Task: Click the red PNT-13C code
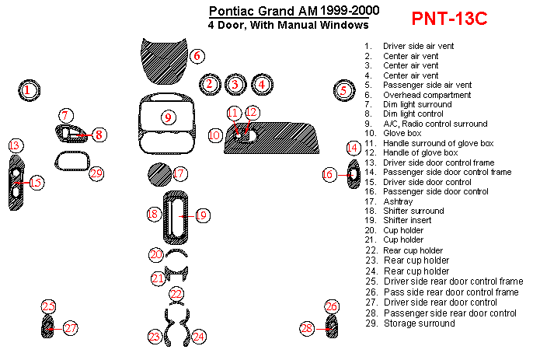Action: (449, 19)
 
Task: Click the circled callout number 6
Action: (197, 56)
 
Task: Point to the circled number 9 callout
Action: (168, 117)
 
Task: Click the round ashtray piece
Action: (159, 174)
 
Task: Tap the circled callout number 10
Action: (214, 135)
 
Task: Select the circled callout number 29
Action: (96, 173)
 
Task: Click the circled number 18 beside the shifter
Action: (154, 214)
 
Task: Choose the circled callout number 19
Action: (202, 215)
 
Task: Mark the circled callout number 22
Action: (176, 294)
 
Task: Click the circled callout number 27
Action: (71, 328)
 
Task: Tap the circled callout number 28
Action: (307, 329)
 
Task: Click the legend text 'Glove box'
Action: (402, 134)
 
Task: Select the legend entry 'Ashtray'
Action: (398, 202)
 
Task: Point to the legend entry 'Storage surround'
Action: (419, 323)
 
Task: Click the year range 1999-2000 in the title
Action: (350, 11)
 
